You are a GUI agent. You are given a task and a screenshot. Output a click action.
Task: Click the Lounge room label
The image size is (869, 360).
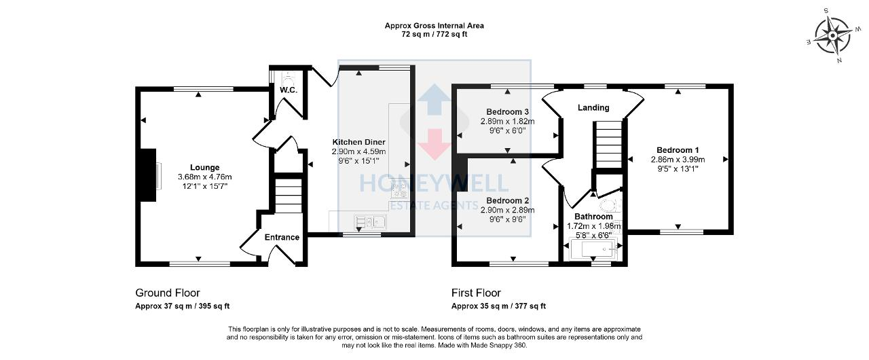click(204, 168)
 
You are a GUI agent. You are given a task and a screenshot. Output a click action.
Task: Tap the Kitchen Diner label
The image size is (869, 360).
click(359, 142)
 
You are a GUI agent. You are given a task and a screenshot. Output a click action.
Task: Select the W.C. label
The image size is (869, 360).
click(289, 90)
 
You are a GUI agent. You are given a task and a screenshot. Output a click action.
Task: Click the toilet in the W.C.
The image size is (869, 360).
click(289, 79)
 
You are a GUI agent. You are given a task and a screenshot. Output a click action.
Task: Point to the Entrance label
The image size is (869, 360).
click(282, 237)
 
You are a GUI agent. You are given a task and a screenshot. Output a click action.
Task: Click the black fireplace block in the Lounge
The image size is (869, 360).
click(148, 175)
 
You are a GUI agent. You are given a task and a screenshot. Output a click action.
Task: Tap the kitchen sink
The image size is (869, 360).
click(370, 222)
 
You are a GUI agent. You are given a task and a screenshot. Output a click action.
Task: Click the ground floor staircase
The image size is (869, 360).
click(289, 196)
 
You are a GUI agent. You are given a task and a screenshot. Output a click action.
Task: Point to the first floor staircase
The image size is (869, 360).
click(609, 144)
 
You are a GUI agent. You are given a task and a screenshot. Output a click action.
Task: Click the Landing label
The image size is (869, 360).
click(593, 107)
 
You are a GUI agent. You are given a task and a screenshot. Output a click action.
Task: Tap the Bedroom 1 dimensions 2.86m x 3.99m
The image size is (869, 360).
click(678, 160)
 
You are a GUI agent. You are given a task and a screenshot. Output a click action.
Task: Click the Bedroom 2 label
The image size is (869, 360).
click(507, 200)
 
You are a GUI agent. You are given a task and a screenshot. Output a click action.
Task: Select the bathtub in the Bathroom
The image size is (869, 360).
click(593, 249)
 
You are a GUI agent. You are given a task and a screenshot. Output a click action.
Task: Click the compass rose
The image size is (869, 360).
click(832, 36)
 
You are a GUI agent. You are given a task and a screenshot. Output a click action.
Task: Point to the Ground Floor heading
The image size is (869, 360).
click(168, 293)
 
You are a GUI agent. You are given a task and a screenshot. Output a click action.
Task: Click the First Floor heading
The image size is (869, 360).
click(476, 293)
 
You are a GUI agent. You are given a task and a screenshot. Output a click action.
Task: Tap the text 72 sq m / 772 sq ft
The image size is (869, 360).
click(434, 34)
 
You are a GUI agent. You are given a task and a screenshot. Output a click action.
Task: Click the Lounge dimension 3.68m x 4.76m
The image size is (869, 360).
click(205, 177)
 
